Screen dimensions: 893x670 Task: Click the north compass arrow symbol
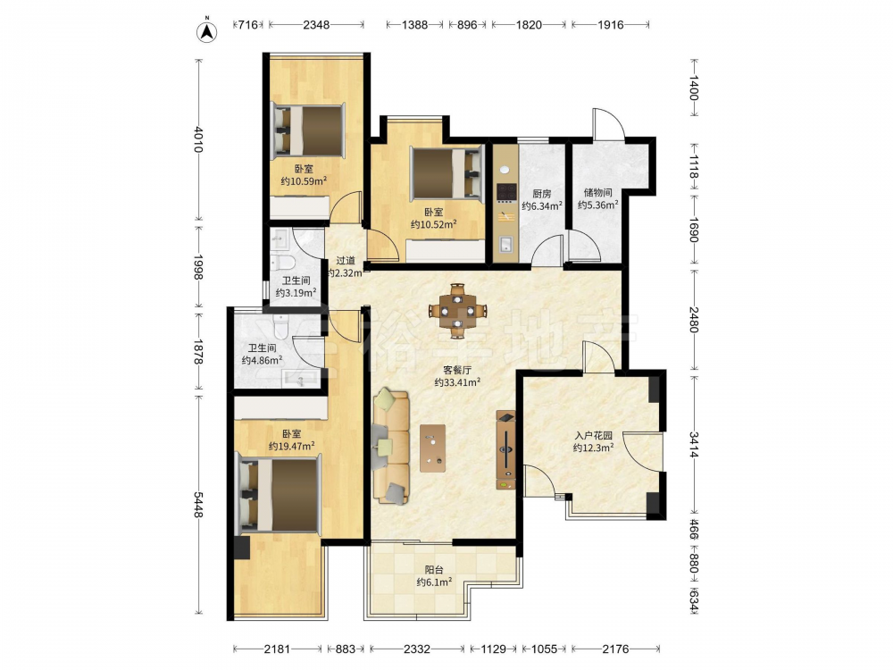(x=207, y=32)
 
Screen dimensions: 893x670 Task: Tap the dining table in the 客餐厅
(x=458, y=311)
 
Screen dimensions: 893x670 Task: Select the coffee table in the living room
(x=433, y=448)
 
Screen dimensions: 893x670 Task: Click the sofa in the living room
(x=391, y=446)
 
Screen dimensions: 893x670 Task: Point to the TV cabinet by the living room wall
(x=505, y=450)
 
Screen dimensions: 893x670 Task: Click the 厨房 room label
(x=542, y=194)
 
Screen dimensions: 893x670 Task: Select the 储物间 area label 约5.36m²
(x=598, y=205)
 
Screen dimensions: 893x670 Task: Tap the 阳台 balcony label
(x=434, y=570)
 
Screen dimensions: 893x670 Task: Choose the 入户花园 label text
(x=594, y=436)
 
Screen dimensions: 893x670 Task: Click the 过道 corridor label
(x=345, y=261)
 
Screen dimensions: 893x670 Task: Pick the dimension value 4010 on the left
(x=198, y=139)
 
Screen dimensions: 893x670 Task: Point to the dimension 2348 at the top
(x=316, y=24)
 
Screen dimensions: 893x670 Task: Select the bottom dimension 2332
(x=417, y=649)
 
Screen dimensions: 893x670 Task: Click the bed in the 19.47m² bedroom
(x=279, y=495)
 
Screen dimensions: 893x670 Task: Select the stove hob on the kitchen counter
(x=505, y=193)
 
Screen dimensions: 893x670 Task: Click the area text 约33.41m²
(x=456, y=382)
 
